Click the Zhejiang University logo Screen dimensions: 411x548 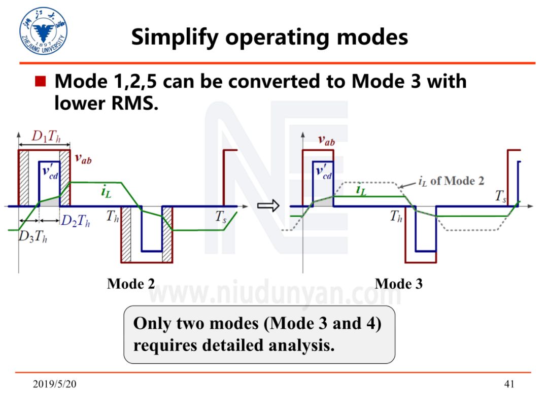43,31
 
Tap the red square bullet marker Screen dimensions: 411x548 41,81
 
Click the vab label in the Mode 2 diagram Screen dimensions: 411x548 83,158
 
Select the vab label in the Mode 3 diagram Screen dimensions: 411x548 326,140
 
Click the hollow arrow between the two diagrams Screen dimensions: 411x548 265,206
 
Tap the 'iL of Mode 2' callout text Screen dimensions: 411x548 451,181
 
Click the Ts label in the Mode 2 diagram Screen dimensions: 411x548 222,216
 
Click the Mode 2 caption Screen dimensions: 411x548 131,283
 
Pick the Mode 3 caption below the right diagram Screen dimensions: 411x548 398,283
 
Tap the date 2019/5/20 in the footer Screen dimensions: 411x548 55,384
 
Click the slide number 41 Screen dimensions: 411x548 509,384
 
